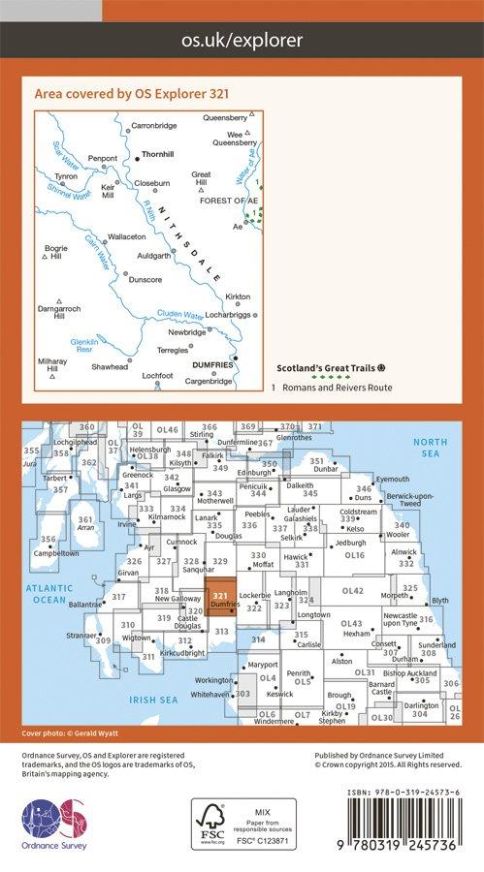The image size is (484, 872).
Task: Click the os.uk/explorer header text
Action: click(x=242, y=40)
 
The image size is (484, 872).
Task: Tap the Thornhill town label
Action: click(x=156, y=153)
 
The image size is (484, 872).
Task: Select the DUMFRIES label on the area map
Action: click(x=213, y=364)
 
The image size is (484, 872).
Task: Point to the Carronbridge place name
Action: click(x=154, y=126)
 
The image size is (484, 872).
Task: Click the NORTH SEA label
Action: click(x=430, y=447)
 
